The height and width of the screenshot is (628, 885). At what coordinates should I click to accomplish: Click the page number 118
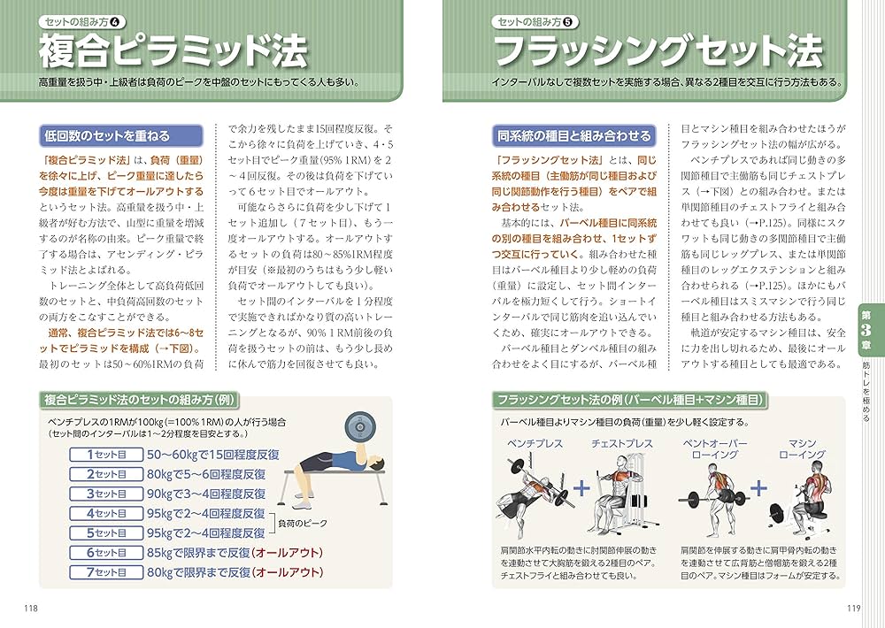(30, 607)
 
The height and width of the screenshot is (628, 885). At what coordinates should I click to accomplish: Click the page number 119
(853, 607)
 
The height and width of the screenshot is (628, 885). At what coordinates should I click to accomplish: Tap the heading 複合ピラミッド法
(173, 50)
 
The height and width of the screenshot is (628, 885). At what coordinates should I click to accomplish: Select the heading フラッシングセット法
(658, 50)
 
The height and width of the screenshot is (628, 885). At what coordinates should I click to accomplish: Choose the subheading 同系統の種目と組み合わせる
(573, 136)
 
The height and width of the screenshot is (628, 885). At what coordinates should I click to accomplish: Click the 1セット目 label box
(106, 455)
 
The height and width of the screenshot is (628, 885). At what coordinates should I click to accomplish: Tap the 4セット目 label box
(106, 514)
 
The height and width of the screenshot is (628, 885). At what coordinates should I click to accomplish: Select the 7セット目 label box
(106, 572)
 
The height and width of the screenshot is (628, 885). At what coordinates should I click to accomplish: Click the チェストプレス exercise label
(622, 443)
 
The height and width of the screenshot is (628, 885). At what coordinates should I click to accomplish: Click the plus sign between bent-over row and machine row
(758, 488)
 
